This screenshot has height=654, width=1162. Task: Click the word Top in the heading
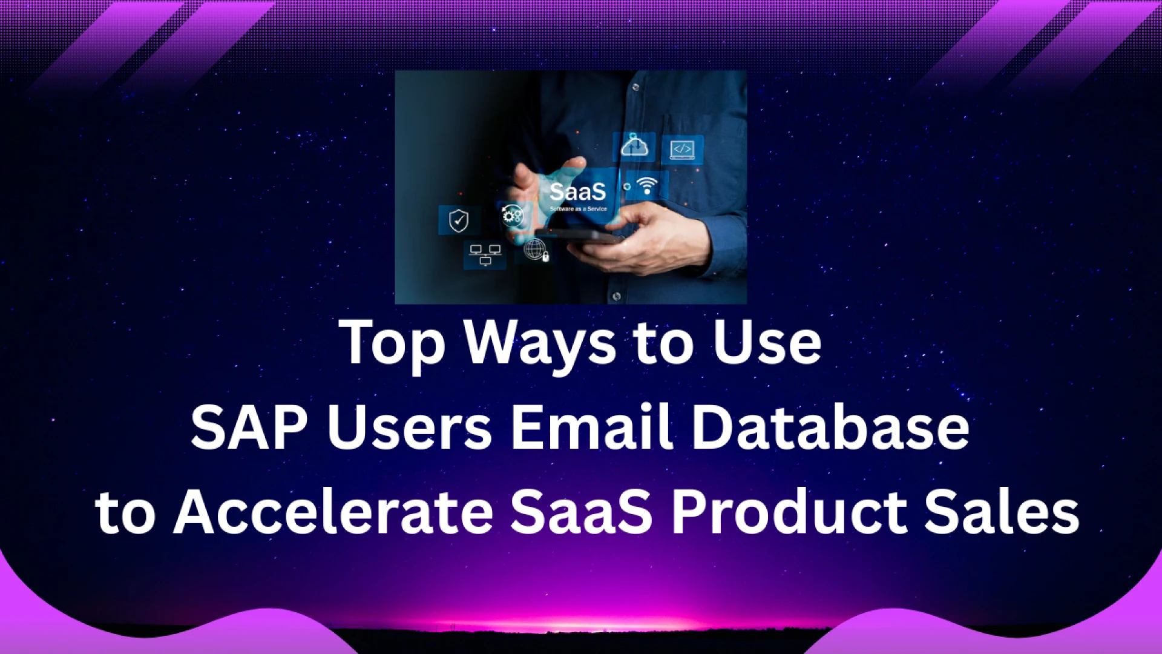point(392,343)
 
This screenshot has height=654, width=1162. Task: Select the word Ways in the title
point(540,343)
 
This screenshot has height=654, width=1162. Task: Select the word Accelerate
point(333,512)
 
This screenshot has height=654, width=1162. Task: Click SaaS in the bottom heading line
point(582,512)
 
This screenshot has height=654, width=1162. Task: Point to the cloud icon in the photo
point(634,146)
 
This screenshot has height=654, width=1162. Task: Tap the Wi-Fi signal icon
point(647,185)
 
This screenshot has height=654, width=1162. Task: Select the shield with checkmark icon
point(459,220)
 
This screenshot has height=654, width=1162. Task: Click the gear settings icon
point(511,216)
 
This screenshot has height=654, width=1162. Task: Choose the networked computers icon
point(485,255)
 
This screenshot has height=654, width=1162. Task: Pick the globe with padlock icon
point(536,249)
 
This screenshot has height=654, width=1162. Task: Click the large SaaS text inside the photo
point(577,192)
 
